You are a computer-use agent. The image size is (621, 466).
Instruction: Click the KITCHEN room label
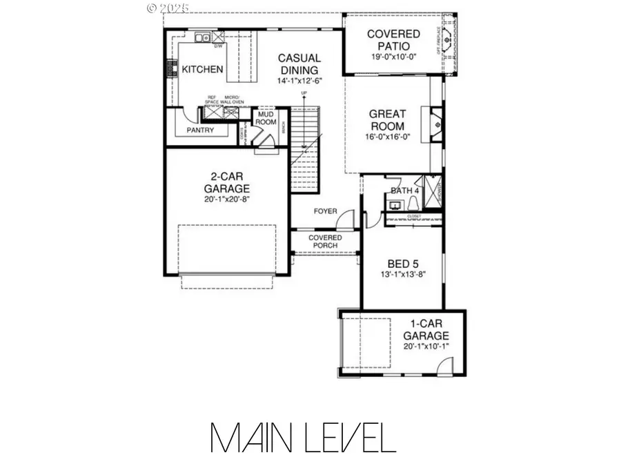202,69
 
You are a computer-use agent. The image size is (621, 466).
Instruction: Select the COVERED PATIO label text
393,40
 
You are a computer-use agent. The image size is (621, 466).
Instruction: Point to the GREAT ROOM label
387,120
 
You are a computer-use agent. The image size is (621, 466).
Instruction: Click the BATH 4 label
405,191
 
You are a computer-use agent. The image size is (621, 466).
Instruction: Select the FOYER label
325,211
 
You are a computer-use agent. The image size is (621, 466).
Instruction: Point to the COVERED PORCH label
325,242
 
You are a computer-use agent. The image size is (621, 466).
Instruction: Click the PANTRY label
200,130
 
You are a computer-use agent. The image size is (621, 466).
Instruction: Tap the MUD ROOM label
266,117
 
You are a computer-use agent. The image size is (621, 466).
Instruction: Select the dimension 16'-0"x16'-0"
387,137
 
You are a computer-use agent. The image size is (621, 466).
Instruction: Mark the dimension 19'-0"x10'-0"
393,58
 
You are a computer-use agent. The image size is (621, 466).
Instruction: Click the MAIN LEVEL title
303,438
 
